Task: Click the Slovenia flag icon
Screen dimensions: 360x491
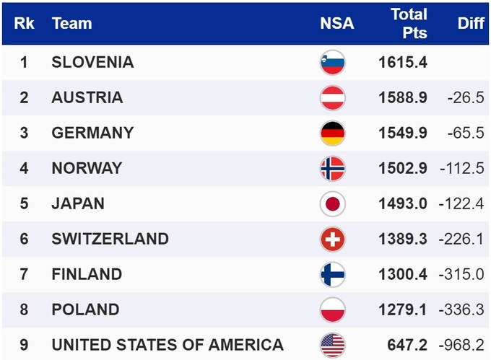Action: pyautogui.click(x=333, y=63)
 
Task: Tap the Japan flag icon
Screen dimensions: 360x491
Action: pyautogui.click(x=333, y=204)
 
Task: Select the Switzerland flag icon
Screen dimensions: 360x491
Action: pyautogui.click(x=333, y=240)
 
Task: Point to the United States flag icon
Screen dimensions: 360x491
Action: pyautogui.click(x=333, y=345)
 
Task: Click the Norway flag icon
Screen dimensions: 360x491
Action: pyautogui.click(x=333, y=169)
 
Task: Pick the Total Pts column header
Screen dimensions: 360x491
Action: pyautogui.click(x=409, y=23)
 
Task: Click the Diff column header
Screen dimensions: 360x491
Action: pyautogui.click(x=470, y=23)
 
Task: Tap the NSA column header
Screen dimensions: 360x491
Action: pyautogui.click(x=336, y=23)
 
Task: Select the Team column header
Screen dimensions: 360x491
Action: pyautogui.click(x=71, y=23)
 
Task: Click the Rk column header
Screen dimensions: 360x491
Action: pyautogui.click(x=23, y=23)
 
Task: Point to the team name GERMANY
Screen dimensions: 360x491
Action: pyautogui.click(x=92, y=133)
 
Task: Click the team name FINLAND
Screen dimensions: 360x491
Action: pyautogui.click(x=87, y=274)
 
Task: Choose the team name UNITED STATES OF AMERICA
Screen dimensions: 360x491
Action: pyautogui.click(x=167, y=345)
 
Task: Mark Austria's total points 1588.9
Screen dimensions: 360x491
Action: pyautogui.click(x=402, y=97)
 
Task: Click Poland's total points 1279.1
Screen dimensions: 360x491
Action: pyautogui.click(x=402, y=309)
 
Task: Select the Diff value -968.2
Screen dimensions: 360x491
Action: pyautogui.click(x=461, y=345)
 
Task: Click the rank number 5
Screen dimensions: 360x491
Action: pyautogui.click(x=24, y=203)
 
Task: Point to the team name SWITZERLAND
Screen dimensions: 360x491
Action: pyautogui.click(x=110, y=239)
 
